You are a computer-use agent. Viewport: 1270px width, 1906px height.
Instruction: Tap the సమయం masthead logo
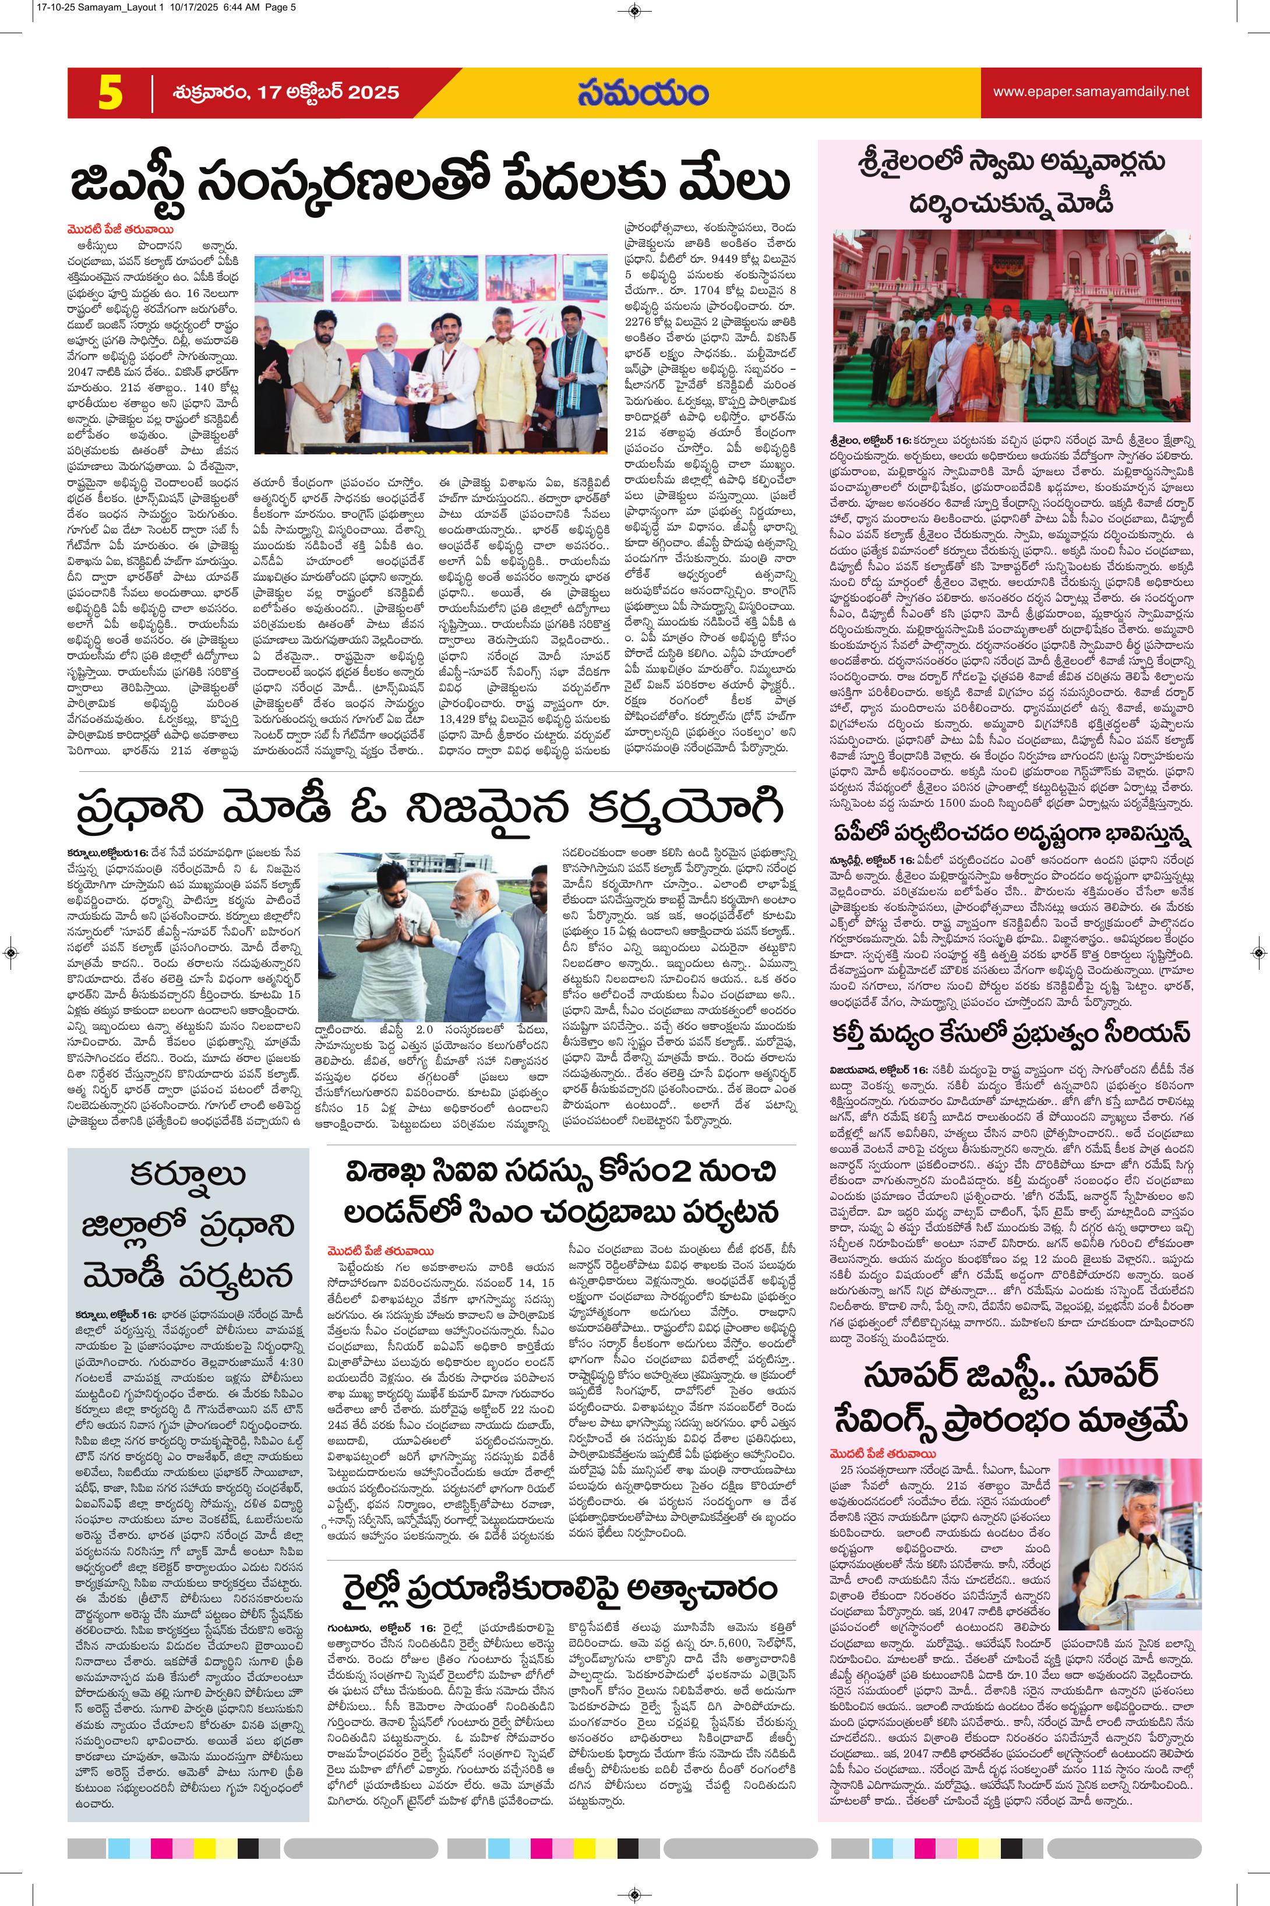click(643, 91)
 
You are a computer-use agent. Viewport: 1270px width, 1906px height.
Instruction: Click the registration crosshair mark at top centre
click(634, 10)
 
